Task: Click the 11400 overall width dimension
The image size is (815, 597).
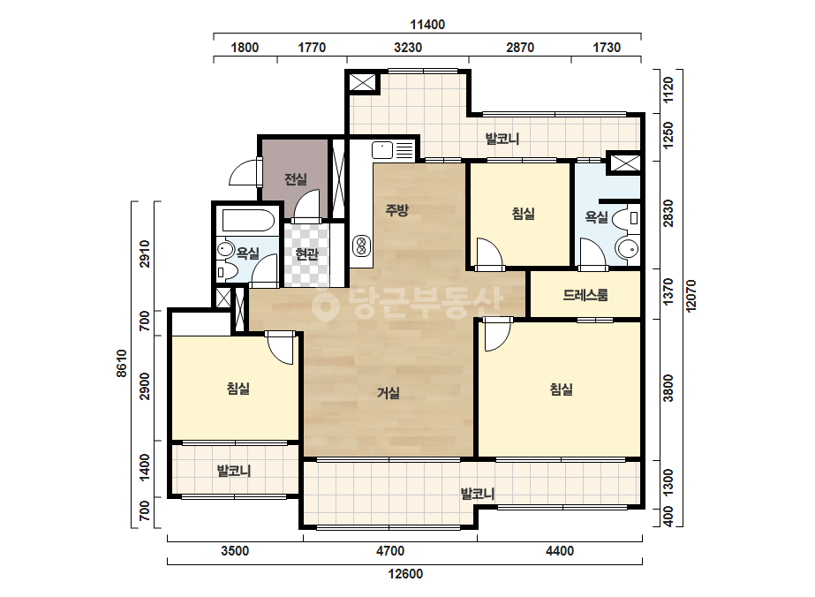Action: coord(427,25)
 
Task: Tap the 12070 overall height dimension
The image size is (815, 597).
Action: coord(690,296)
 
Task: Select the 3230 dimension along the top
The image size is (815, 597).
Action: coord(408,48)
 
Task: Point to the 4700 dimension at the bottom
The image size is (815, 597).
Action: coord(389,551)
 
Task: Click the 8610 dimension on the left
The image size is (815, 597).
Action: coord(121,363)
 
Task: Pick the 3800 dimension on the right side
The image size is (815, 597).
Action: coord(668,388)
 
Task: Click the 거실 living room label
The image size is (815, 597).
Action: coord(389,393)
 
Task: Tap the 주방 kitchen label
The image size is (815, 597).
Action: coord(396,210)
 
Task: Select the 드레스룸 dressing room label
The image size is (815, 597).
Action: coord(585,295)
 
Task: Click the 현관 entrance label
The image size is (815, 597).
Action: coord(306,254)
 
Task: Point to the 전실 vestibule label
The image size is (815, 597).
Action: coord(295,179)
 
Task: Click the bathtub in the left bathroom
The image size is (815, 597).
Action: coord(248,221)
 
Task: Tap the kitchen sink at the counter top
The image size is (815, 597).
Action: coord(382,150)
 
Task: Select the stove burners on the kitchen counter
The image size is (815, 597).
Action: coord(361,246)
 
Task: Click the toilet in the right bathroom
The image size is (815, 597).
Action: coord(627,218)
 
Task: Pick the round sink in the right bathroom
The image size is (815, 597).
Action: coord(628,248)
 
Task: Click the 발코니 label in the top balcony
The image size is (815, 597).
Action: coord(502,139)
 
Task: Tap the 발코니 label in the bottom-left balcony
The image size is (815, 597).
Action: coord(234,471)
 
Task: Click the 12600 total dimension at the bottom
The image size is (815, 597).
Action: coord(405,574)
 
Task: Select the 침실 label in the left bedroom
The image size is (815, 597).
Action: coord(238,388)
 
